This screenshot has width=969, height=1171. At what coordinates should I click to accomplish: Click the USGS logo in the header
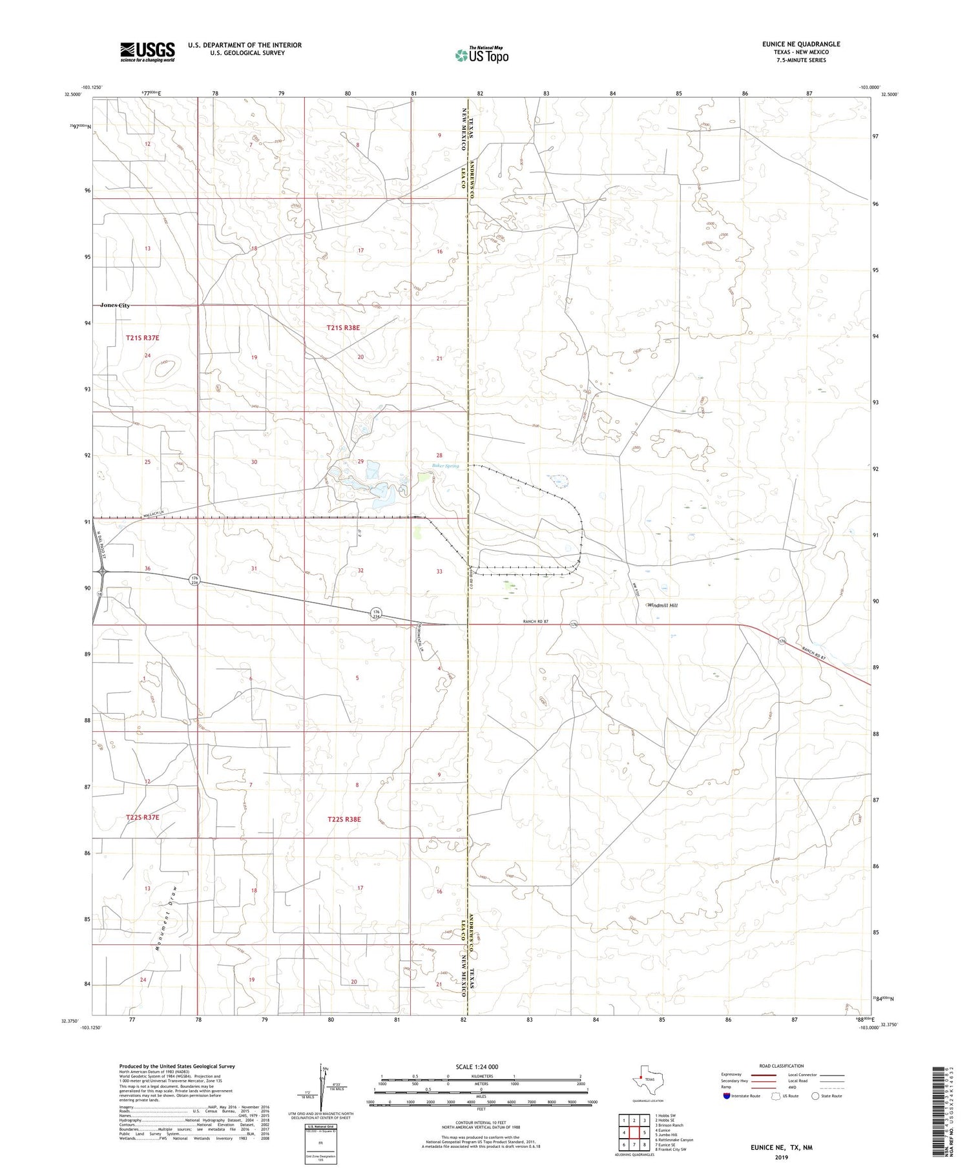[147, 52]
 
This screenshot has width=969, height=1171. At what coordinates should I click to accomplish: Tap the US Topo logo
[481, 55]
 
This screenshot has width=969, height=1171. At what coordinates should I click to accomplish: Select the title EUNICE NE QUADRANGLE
[801, 44]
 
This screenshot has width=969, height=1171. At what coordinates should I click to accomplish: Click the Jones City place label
[115, 305]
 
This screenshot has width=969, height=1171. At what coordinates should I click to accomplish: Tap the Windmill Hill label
[663, 605]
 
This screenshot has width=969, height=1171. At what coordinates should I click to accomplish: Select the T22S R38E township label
[344, 819]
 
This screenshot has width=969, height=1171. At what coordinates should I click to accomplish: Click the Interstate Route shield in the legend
[727, 1096]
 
